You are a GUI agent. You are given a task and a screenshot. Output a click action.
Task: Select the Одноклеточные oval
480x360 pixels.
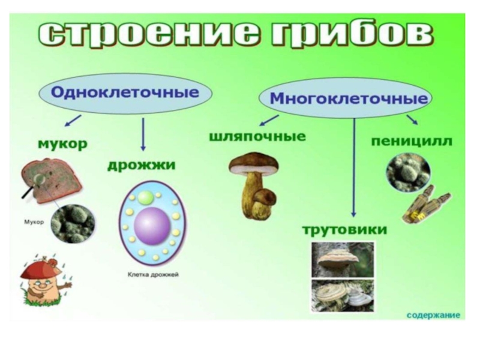tap(125, 94)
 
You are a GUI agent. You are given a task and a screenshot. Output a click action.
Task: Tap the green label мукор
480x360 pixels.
tap(62, 144)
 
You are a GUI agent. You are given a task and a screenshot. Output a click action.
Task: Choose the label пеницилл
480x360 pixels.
tap(412, 142)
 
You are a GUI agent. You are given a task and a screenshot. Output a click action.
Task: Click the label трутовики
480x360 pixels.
tap(344, 230)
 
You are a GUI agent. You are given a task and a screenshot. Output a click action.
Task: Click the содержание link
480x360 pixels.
tap(433, 314)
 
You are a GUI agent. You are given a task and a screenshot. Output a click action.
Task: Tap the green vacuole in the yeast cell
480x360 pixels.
tap(146, 197)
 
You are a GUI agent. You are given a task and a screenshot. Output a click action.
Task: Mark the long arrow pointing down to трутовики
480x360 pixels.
tap(354, 168)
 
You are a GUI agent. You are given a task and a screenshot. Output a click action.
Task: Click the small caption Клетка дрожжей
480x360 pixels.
tap(153, 275)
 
